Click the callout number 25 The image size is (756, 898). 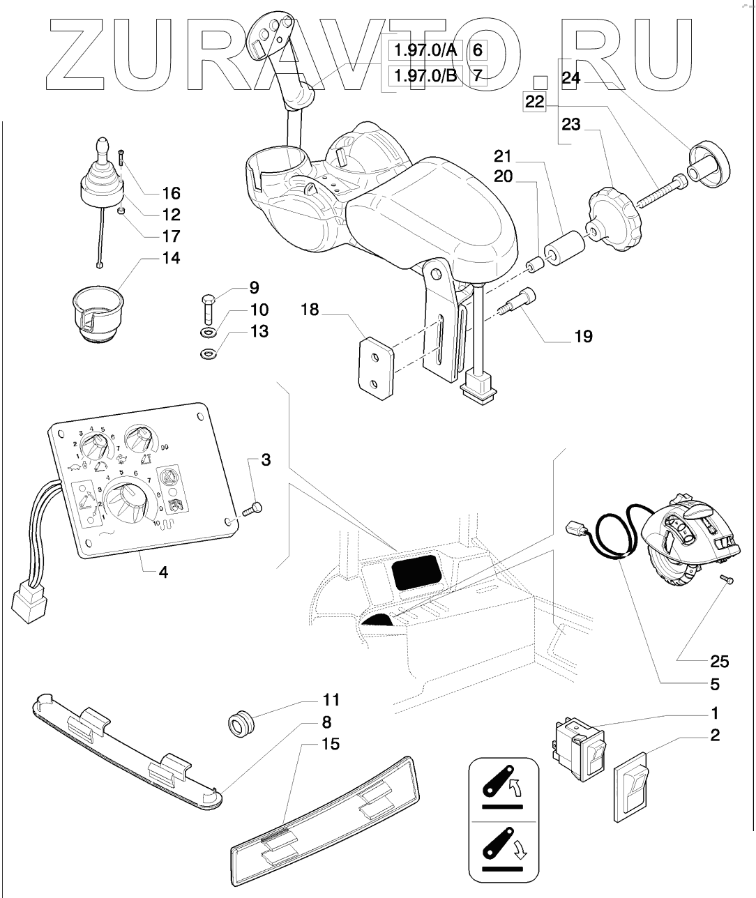[719, 660]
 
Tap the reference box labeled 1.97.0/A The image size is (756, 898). [425, 50]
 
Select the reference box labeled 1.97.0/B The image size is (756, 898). [425, 75]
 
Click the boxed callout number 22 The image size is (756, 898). [534, 102]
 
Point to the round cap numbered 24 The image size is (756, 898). [708, 164]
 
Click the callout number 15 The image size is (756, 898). [331, 745]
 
